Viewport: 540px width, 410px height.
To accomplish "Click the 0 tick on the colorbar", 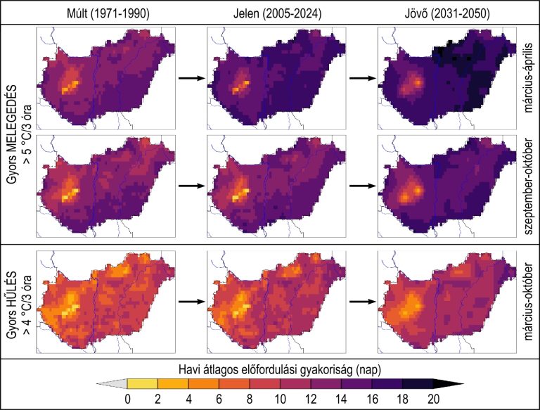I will [126, 399].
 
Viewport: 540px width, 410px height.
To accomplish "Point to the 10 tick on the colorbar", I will [280, 399].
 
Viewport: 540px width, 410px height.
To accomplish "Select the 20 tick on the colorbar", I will [433, 399].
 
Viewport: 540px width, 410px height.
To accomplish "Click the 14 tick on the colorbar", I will [341, 399].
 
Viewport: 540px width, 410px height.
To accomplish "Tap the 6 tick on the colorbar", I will [218, 399].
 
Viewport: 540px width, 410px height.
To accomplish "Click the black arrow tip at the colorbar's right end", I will [450, 384].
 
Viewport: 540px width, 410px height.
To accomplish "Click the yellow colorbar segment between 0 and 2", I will [141, 384].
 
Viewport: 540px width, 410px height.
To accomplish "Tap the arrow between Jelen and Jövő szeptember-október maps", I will [361, 186].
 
